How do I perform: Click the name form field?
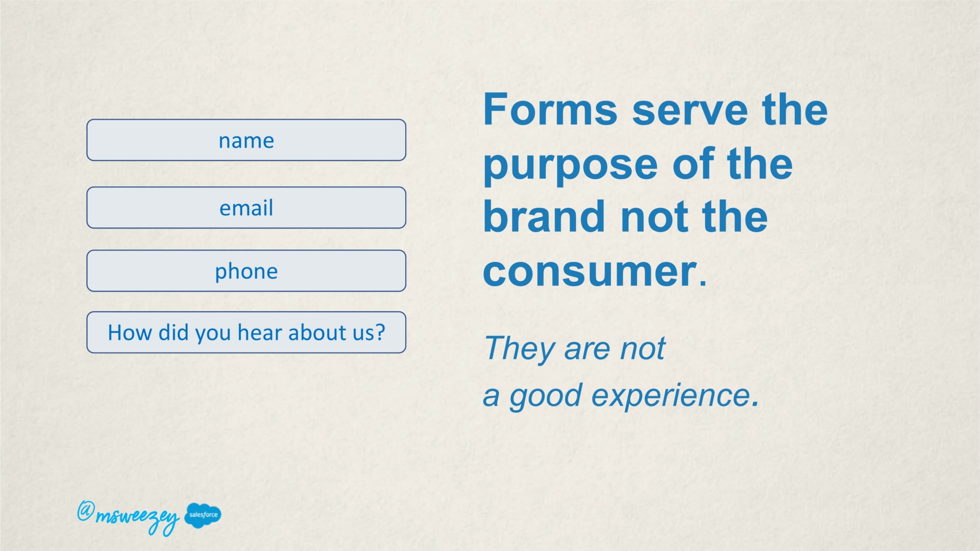tap(246, 140)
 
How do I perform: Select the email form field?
tap(246, 207)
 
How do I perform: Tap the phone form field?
tap(246, 270)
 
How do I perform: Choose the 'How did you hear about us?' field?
tap(246, 332)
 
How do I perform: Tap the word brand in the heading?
tap(544, 216)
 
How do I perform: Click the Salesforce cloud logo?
tap(203, 515)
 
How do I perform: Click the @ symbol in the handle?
tap(85, 511)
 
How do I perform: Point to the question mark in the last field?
tap(379, 332)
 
